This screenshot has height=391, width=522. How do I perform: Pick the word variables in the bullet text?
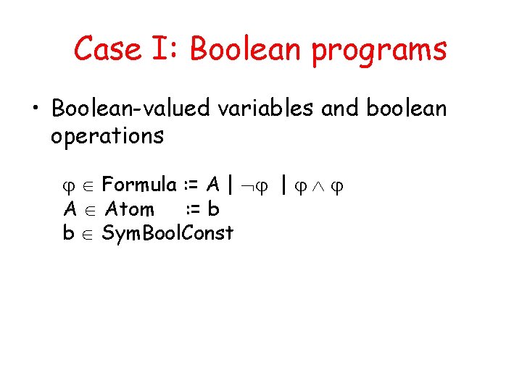point(263,109)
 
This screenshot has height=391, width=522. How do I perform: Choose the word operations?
point(107,136)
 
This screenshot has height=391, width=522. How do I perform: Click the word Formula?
point(140,185)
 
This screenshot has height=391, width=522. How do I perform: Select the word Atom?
point(129,209)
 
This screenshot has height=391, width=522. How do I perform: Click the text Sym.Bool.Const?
point(167,232)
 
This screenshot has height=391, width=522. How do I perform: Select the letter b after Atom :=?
point(213,209)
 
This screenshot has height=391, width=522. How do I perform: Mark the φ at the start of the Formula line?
point(71,187)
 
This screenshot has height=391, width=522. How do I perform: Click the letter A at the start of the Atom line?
point(70,209)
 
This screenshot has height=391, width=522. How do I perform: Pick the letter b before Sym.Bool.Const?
point(69,232)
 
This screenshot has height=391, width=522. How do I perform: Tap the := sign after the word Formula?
point(191,186)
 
